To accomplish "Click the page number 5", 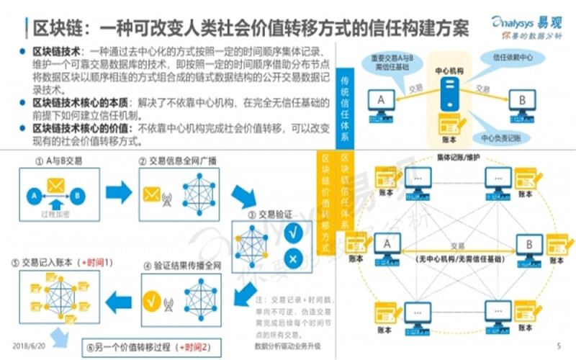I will point(559,346).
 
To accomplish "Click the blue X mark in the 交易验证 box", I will point(293,260).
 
